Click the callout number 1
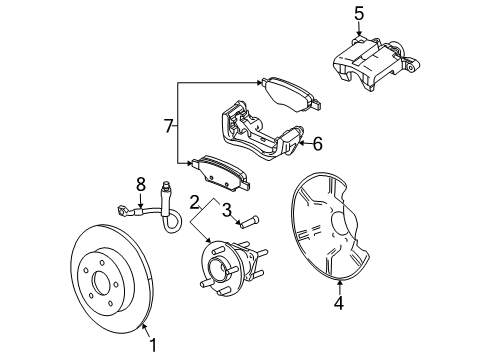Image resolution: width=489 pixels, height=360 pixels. pyautogui.click(x=153, y=345)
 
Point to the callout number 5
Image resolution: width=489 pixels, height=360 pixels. pyautogui.click(x=358, y=13)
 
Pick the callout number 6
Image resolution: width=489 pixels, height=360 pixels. pyautogui.click(x=316, y=143)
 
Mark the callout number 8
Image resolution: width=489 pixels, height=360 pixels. pyautogui.click(x=141, y=183)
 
